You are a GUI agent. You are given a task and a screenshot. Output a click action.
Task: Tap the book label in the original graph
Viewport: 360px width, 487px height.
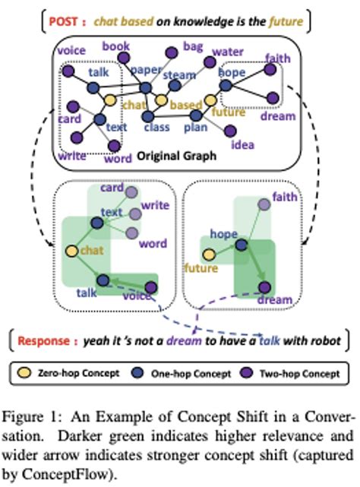pos(117,46)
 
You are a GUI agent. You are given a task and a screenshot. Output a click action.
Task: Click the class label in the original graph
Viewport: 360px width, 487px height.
pos(156,127)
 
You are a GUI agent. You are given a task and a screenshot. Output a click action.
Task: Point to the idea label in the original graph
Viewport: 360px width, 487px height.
pos(242,144)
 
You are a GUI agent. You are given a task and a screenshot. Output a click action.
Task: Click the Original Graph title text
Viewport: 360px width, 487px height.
pos(177,157)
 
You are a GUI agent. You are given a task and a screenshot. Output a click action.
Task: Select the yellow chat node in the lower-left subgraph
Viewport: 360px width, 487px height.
pos(71,251)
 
